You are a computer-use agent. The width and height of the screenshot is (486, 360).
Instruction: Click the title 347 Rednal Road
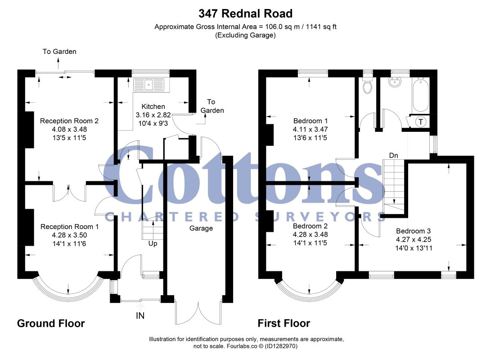click(245, 13)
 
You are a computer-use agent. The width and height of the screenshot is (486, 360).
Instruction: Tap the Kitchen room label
click(153, 107)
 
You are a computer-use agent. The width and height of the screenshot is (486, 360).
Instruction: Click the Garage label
click(201, 228)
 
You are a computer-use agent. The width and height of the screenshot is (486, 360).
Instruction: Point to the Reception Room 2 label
click(69, 121)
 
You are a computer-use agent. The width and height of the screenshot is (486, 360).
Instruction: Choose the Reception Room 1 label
click(69, 226)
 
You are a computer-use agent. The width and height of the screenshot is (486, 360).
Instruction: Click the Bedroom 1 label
click(310, 121)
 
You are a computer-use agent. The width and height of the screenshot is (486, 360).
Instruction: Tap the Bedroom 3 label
click(413, 231)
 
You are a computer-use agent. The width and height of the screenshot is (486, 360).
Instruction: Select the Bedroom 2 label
click(310, 226)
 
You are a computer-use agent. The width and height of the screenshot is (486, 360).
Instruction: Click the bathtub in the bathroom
click(420, 95)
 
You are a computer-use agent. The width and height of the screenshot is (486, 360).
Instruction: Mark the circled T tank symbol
click(421, 121)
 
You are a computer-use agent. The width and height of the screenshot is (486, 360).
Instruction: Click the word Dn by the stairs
click(393, 155)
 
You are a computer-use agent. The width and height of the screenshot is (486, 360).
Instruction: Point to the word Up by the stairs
click(153, 243)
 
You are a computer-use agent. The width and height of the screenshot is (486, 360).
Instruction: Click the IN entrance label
click(140, 316)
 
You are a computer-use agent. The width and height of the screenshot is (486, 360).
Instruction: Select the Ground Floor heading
click(51, 323)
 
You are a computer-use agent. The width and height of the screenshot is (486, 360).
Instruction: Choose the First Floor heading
click(283, 323)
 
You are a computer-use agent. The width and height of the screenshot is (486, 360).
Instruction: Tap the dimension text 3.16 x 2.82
click(153, 115)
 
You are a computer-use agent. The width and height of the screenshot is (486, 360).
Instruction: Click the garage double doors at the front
click(198, 313)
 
